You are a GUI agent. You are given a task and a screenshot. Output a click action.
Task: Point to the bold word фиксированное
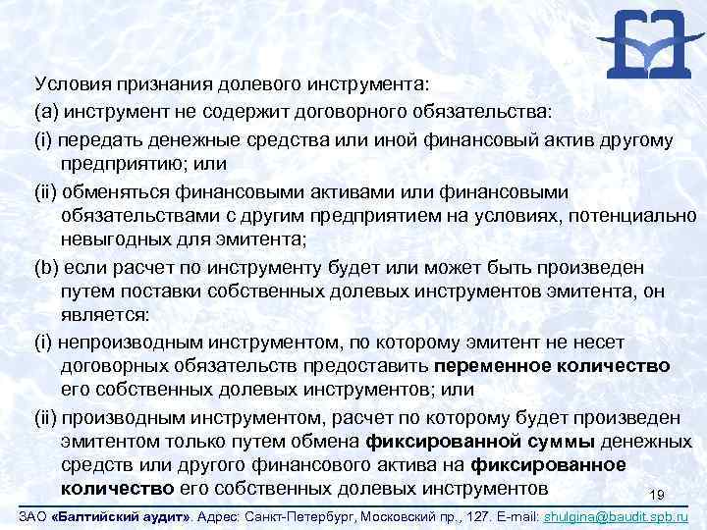(x=549, y=464)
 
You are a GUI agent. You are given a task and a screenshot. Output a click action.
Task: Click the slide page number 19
(x=658, y=494)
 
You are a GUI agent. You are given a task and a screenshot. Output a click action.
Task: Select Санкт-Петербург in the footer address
(x=269, y=515)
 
